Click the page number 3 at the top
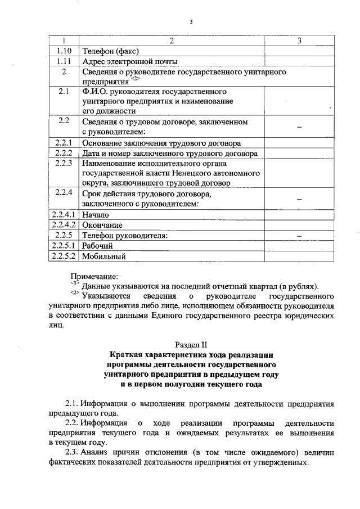click(191, 22)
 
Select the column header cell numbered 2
click(172, 41)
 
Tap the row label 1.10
click(63, 51)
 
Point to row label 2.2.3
click(63, 163)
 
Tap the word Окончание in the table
click(102, 225)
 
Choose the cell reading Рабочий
click(97, 246)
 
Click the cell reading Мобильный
click(103, 256)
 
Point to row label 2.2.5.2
click(63, 256)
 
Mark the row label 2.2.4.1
click(63, 214)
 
